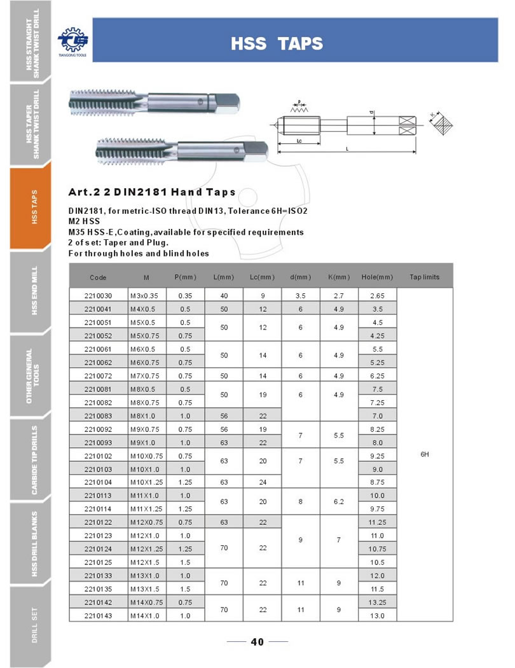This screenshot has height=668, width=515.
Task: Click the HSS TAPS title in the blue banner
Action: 277,43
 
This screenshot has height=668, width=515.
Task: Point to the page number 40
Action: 257,641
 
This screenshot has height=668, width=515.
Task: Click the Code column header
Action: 98,277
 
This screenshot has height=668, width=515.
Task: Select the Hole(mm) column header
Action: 377,277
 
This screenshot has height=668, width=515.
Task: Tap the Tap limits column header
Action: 424,277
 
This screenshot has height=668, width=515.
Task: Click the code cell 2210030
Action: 98,296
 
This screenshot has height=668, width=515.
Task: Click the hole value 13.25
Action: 377,602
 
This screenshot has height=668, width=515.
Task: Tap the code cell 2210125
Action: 98,562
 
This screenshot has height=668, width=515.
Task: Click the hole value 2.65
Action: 377,296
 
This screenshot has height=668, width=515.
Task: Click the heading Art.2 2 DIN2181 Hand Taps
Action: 152,192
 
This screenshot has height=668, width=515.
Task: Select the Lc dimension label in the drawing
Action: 299,143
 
